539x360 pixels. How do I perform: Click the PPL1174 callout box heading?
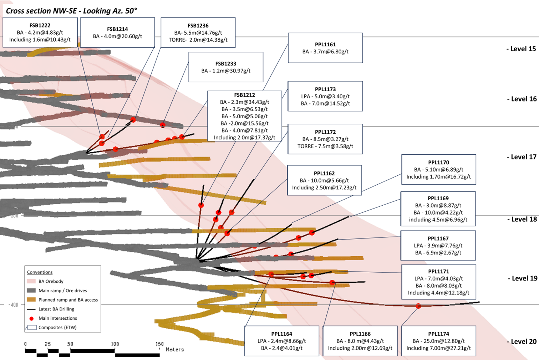pos(438,334)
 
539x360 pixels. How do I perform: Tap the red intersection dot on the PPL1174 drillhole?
pos(418,306)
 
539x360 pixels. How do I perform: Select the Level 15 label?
pos(521,49)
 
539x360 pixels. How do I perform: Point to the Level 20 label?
pos(522,341)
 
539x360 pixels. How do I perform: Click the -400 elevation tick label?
pos(13,305)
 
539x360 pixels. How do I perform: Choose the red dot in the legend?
pos(31,318)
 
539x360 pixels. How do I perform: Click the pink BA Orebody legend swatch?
pos(31,281)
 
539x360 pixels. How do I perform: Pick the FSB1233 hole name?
pos(226,64)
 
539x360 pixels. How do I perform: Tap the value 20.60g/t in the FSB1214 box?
pos(128,36)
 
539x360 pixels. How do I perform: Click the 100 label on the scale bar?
pos(115,344)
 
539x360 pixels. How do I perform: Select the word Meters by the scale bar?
pos(175,350)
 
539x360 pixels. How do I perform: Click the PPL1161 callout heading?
pos(325,45)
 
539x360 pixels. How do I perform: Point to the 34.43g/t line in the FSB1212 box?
pos(245,102)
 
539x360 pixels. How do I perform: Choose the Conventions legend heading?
pos(40,272)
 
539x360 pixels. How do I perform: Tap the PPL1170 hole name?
pos(438,163)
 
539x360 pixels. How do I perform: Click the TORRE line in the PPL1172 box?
pos(325,146)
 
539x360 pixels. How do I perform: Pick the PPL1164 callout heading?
pos(281,334)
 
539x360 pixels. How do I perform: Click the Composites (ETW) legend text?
pos(57,328)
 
